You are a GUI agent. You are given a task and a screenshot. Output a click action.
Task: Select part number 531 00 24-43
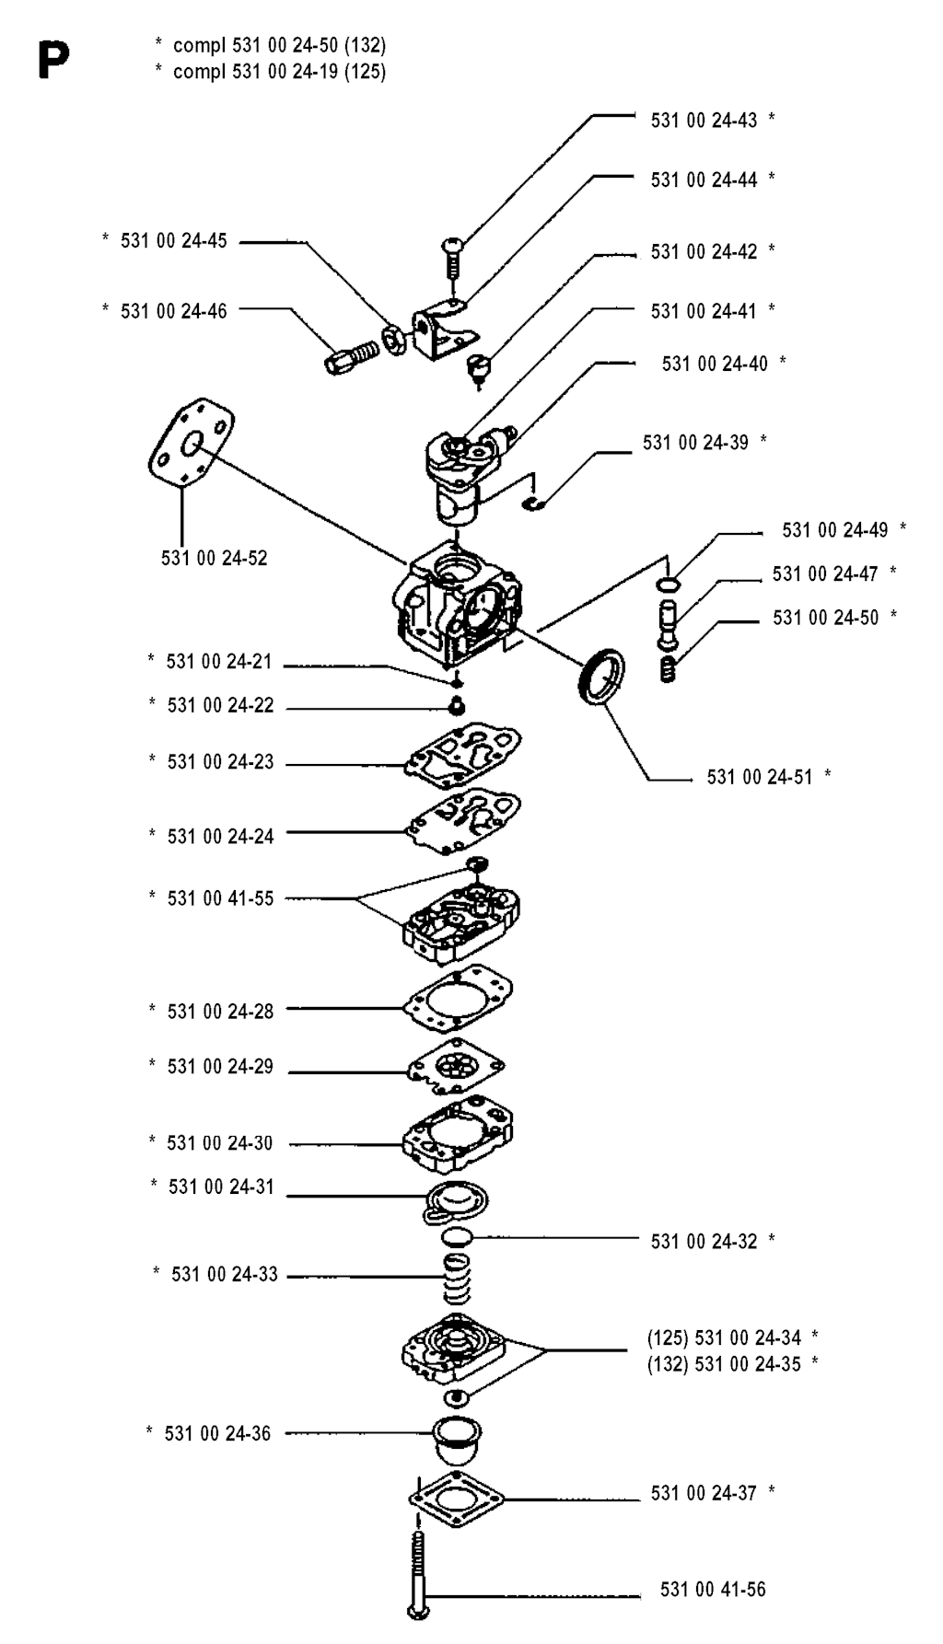(704, 120)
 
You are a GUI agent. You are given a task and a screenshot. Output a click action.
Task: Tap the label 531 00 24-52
(214, 558)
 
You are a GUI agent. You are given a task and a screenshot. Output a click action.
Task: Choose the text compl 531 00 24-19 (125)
(279, 72)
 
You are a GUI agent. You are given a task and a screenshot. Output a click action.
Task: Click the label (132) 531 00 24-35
(724, 1364)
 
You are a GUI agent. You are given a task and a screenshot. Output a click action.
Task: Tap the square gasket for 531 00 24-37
(458, 1500)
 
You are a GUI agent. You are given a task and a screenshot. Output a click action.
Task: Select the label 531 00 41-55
(220, 898)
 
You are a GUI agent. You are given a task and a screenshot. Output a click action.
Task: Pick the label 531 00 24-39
(696, 443)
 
